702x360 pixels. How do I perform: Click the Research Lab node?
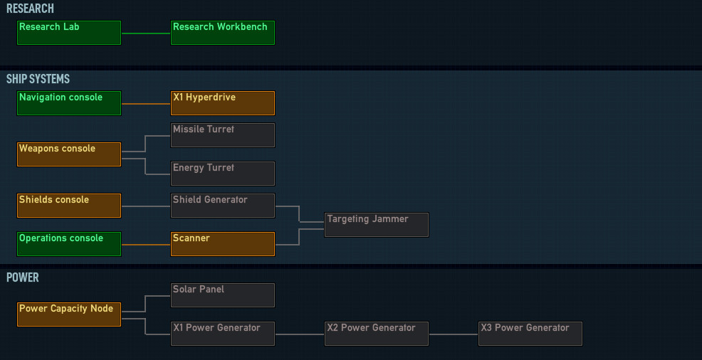click(x=69, y=33)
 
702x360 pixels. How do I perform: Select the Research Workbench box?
click(x=223, y=33)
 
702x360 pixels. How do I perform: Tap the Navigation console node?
click(x=69, y=103)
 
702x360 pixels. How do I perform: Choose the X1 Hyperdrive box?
click(x=223, y=103)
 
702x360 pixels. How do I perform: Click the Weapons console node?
click(x=69, y=154)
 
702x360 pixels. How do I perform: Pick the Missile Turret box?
click(x=223, y=135)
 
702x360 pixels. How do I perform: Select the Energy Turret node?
click(x=223, y=174)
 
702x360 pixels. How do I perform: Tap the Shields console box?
click(x=69, y=206)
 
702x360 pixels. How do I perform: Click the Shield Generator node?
click(x=223, y=206)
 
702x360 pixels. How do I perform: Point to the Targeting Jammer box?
click(x=377, y=225)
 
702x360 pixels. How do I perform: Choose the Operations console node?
click(x=69, y=244)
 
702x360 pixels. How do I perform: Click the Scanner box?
click(x=223, y=244)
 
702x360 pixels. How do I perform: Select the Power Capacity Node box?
click(x=69, y=314)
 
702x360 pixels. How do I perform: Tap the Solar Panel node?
click(x=223, y=295)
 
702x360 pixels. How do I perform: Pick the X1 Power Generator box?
click(x=223, y=334)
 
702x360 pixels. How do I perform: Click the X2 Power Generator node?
click(x=377, y=334)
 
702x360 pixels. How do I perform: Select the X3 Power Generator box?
click(x=530, y=334)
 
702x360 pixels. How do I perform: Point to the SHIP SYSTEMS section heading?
click(x=38, y=79)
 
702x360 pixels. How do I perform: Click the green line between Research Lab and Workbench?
click(x=146, y=33)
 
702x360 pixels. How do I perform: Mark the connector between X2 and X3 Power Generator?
click(x=454, y=334)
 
